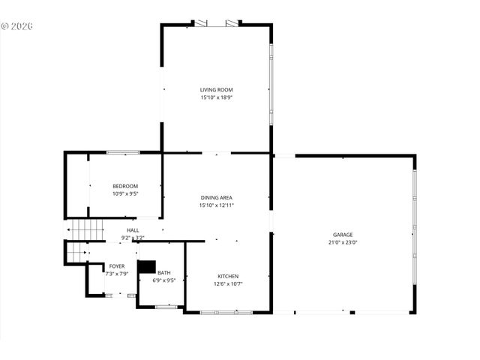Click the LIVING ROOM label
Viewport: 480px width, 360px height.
216,90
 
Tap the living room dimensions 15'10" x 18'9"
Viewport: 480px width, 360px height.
216,97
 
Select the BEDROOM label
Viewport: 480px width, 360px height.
125,186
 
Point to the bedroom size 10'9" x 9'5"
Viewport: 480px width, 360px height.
125,193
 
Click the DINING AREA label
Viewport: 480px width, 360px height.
216,197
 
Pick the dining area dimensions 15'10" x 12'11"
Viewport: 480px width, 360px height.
216,205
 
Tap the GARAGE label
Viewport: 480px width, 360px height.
343,235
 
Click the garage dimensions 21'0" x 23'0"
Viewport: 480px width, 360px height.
343,242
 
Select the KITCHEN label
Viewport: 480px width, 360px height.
228,276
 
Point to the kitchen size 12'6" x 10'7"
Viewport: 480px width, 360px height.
228,284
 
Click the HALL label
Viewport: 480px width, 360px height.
133,230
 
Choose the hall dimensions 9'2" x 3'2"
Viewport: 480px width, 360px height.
133,238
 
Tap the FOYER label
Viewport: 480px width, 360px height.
117,266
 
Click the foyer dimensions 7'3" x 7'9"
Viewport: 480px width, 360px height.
117,274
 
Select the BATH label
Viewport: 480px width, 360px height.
163,273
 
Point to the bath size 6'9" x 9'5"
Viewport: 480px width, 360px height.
163,280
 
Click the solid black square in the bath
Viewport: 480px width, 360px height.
147,266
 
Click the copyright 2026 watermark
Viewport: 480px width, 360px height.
18,26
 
